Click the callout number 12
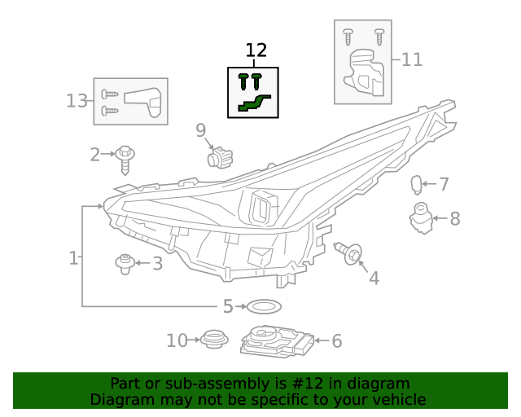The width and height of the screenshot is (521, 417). click(256, 50)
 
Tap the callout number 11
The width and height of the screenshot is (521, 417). click(412, 59)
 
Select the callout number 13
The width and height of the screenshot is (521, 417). click(76, 101)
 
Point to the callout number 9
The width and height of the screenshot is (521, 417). click(200, 129)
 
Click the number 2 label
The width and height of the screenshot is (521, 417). click(95, 154)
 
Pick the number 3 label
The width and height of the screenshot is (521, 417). click(157, 263)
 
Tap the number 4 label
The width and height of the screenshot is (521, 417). click(374, 279)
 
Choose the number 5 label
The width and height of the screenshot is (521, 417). click(228, 306)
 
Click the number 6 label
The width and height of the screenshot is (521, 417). click(336, 341)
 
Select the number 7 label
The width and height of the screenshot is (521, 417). click(444, 185)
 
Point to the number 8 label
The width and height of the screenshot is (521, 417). click(454, 218)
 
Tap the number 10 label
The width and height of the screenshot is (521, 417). click(177, 340)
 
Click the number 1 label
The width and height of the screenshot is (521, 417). click(73, 259)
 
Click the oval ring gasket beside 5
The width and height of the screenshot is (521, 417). click(263, 306)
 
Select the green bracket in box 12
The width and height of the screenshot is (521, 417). click(254, 103)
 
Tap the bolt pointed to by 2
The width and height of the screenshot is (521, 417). click(125, 157)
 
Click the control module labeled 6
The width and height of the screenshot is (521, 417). click(277, 341)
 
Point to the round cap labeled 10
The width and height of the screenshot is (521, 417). click(213, 338)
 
